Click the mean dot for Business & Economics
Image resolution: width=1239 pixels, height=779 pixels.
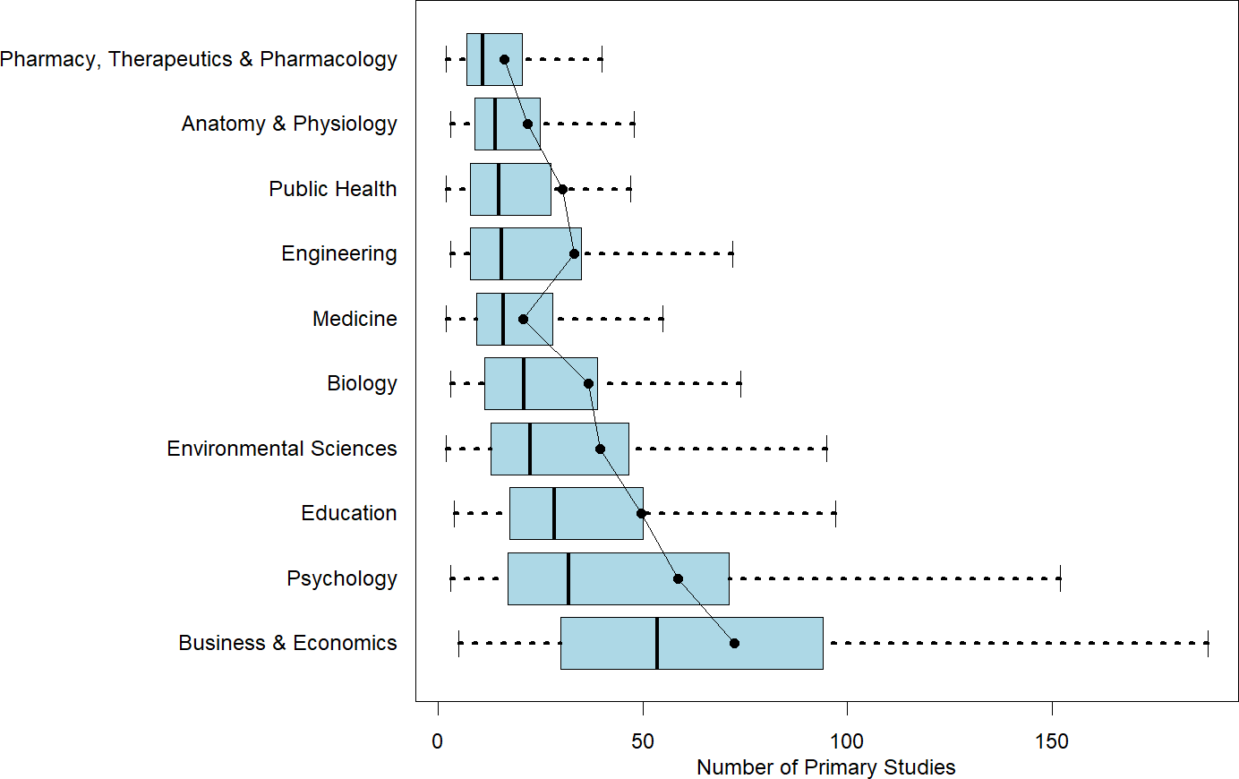tap(734, 643)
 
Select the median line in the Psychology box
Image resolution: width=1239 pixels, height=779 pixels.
tap(568, 578)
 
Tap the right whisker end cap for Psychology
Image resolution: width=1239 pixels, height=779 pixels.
tap(1060, 578)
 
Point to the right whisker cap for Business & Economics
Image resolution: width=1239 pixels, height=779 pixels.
tap(1208, 643)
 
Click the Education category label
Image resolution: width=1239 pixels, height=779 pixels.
tap(348, 513)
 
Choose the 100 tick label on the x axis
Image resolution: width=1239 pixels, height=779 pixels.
tap(847, 741)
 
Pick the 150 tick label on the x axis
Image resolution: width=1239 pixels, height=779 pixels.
tap(1052, 741)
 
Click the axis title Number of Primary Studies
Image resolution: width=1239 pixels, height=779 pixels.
tap(825, 767)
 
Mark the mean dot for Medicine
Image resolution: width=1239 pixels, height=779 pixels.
tap(523, 319)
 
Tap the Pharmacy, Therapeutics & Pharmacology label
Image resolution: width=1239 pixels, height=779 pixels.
tap(199, 59)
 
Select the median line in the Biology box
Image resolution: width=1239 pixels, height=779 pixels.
tap(523, 383)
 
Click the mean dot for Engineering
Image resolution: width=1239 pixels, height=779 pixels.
tap(574, 253)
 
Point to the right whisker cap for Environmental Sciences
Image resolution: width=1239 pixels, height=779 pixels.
tap(826, 449)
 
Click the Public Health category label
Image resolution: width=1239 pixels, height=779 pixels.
tap(332, 189)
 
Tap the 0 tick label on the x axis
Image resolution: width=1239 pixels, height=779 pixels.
tap(437, 741)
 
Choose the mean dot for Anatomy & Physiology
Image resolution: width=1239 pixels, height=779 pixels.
tap(527, 124)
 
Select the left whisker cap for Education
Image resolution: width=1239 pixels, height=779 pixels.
tap(454, 513)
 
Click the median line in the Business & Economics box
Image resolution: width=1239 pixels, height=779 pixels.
tap(656, 643)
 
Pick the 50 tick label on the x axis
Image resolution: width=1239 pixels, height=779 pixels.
tap(642, 741)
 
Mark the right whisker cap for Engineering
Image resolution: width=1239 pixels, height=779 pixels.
tap(732, 253)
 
